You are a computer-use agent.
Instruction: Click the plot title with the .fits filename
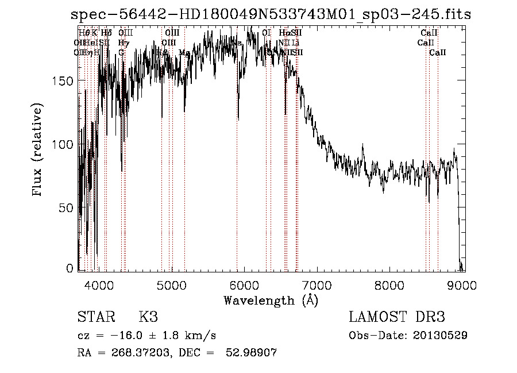tap(270, 14)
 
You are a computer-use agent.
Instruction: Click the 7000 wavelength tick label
tap(318, 284)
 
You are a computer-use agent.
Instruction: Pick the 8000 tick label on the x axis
tap(391, 284)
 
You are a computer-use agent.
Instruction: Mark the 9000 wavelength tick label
tap(464, 284)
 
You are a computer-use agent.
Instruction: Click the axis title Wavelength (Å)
tap(271, 300)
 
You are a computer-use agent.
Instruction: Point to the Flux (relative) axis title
tap(38, 150)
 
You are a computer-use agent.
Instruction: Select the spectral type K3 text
tap(148, 317)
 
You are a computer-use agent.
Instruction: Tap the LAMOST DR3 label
tap(396, 317)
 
